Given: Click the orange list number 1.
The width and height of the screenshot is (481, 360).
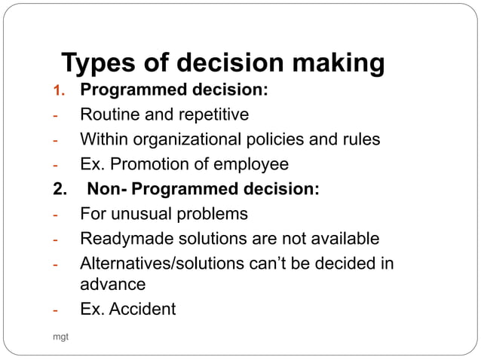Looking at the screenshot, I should [56, 92].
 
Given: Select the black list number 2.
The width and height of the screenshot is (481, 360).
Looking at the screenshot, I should [57, 189].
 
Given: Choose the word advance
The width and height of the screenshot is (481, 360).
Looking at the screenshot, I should [113, 285].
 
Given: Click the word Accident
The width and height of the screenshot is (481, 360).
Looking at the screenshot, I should [142, 309].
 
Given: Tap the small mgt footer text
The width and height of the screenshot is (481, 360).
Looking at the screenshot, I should [59, 336].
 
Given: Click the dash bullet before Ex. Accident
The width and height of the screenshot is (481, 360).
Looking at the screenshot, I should [55, 310].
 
